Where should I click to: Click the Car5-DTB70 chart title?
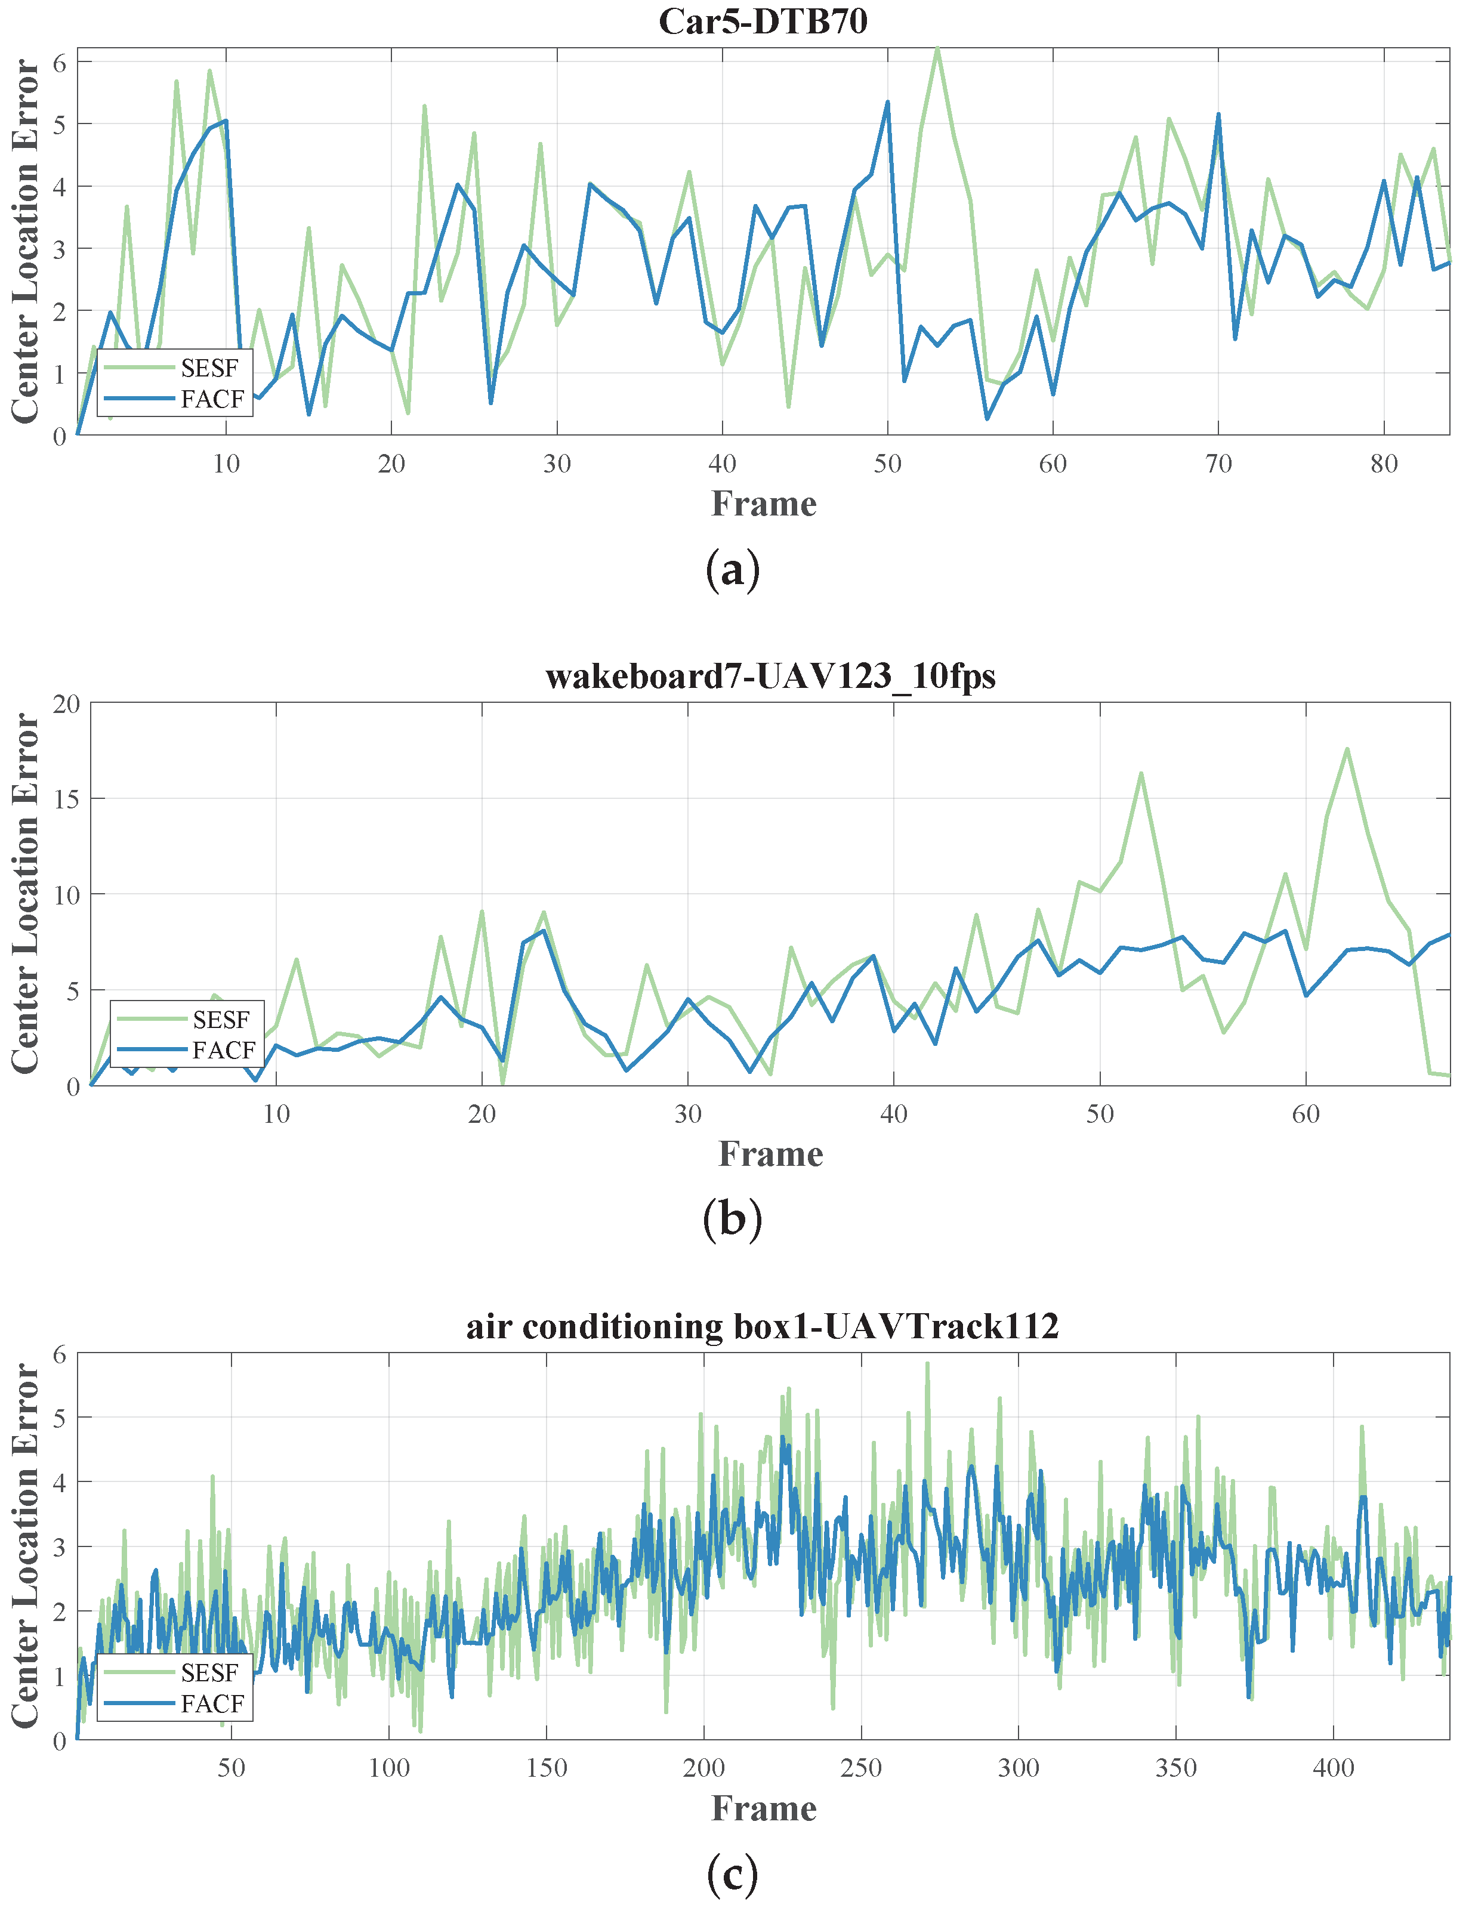(x=763, y=21)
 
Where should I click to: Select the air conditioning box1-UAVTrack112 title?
(x=763, y=1326)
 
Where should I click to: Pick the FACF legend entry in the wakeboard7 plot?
(x=223, y=1050)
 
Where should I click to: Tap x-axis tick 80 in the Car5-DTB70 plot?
(x=1384, y=464)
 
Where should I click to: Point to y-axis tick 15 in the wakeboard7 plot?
(x=65, y=799)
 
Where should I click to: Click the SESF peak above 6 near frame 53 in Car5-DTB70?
(x=937, y=49)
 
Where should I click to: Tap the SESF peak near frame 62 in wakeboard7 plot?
(x=1347, y=749)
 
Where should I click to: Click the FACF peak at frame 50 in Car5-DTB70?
(x=887, y=103)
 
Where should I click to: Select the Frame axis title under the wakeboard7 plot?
(x=770, y=1154)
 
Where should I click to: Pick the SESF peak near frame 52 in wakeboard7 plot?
(x=1140, y=773)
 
